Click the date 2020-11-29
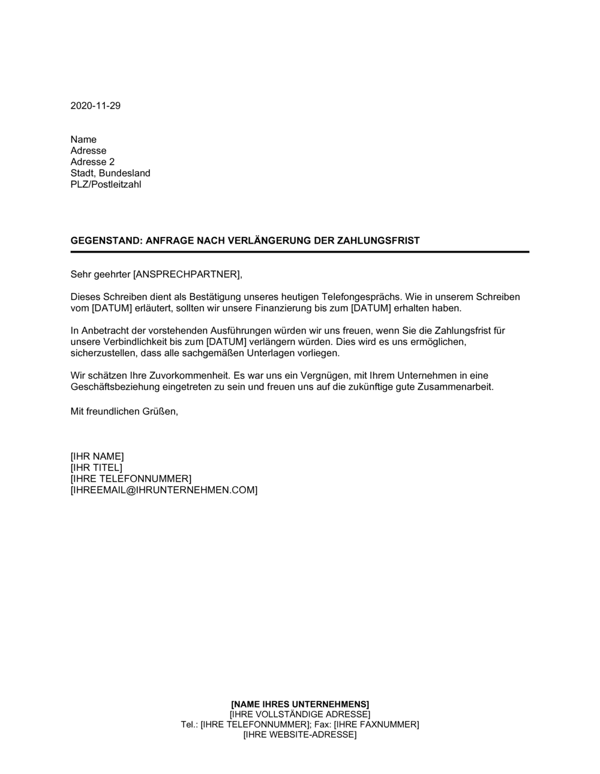click(x=95, y=106)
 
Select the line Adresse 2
click(x=92, y=162)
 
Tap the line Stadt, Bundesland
click(x=110, y=173)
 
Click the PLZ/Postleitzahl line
click(x=106, y=185)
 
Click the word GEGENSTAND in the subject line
click(x=105, y=241)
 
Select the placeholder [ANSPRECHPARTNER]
click(x=187, y=275)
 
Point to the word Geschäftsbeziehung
click(x=115, y=387)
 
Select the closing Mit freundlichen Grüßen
click(x=124, y=412)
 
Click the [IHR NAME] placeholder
click(x=97, y=457)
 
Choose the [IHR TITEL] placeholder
click(x=96, y=467)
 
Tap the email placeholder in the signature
click(x=164, y=490)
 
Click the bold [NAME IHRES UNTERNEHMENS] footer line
click(x=300, y=704)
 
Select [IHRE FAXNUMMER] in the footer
click(x=376, y=725)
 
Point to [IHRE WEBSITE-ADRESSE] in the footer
click(x=300, y=735)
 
